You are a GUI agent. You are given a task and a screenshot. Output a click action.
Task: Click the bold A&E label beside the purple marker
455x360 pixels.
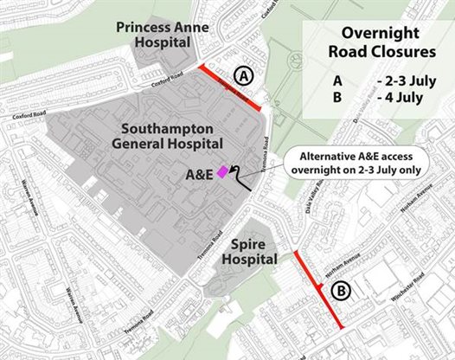(x=201, y=175)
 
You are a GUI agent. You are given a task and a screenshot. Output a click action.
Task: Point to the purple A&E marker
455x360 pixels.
(x=222, y=171)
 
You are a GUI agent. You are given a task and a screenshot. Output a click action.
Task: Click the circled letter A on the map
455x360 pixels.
(x=244, y=76)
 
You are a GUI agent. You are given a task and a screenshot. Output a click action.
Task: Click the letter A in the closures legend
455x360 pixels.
(x=336, y=81)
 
